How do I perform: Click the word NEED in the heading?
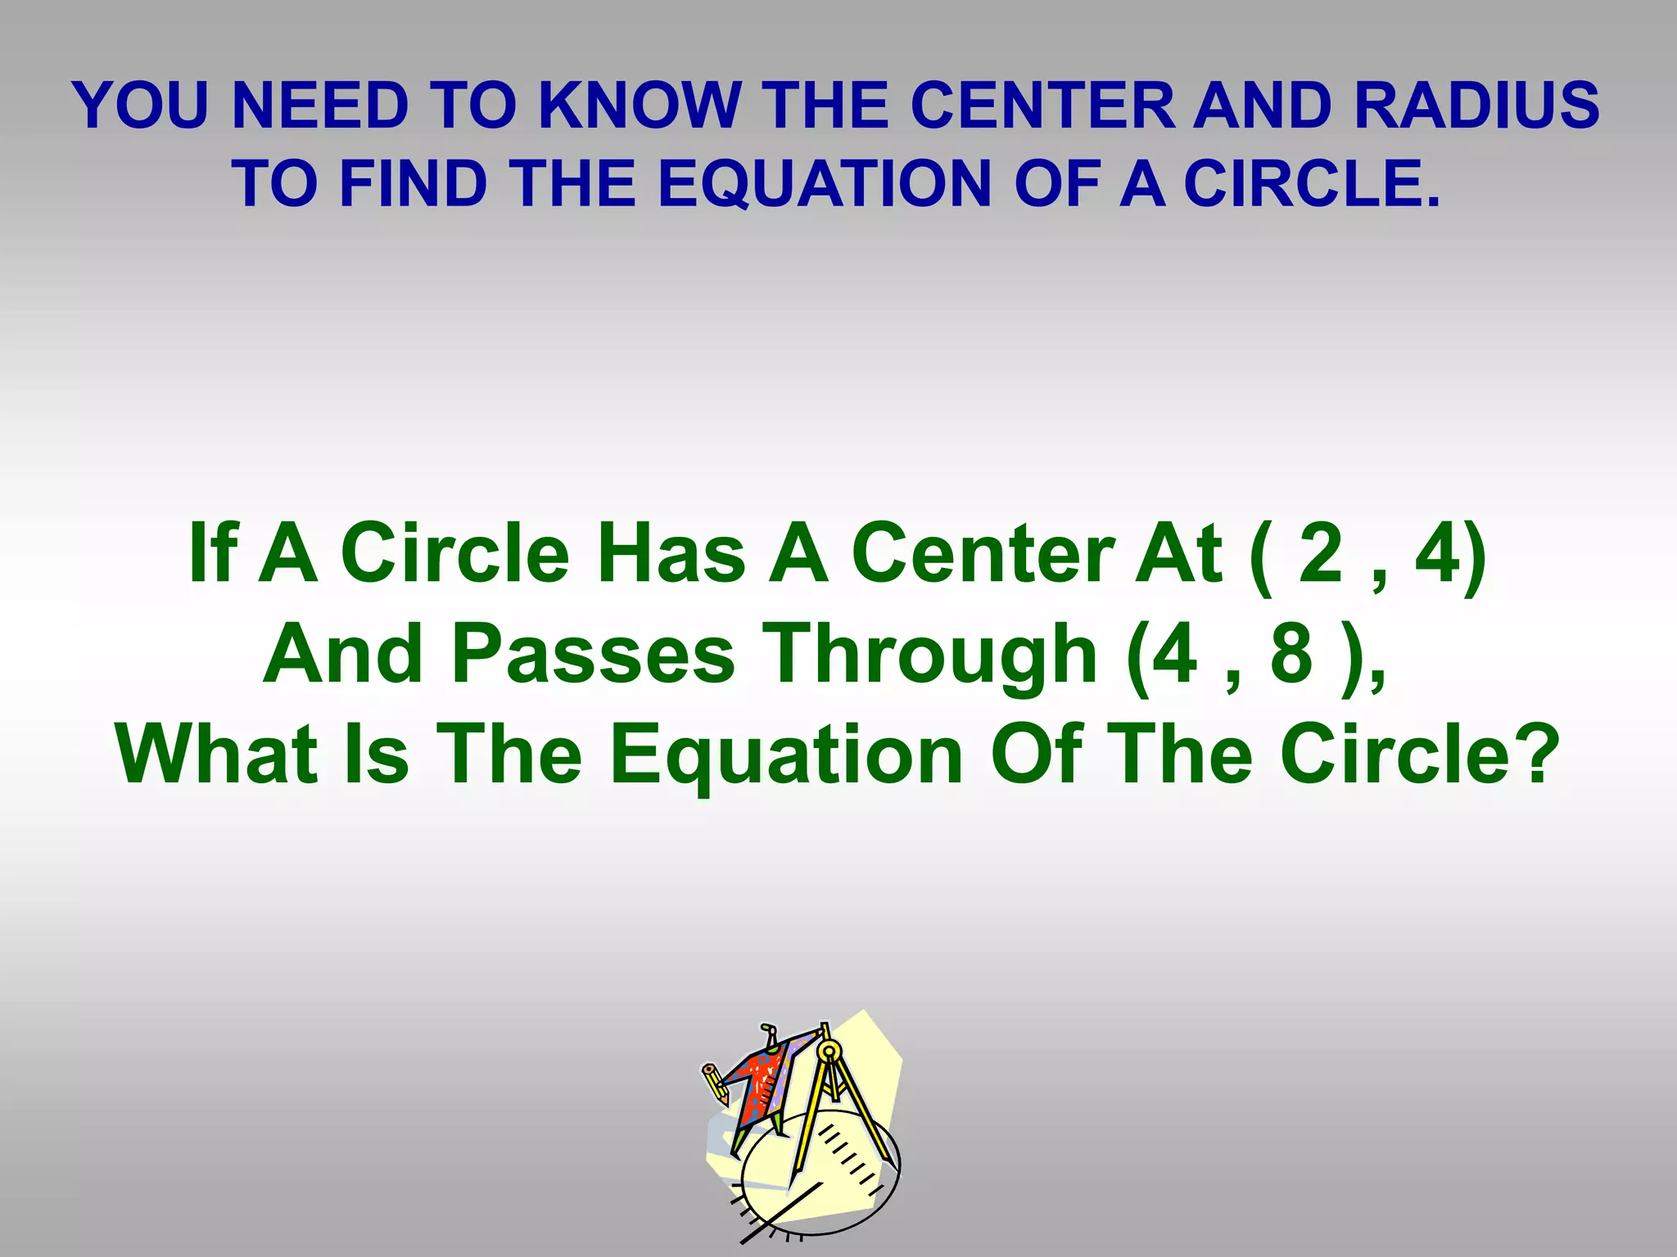point(320,106)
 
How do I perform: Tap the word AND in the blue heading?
point(1262,106)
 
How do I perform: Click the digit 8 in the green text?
point(1292,654)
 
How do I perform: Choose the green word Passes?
point(593,654)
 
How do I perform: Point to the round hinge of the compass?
point(829,1050)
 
